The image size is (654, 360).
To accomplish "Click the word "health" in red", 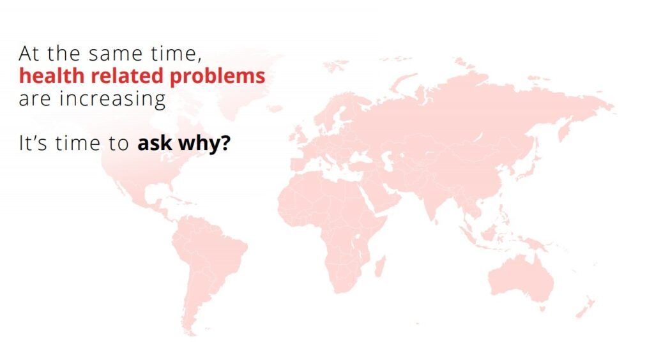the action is click(x=52, y=76).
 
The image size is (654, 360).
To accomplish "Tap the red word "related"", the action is click(x=127, y=76).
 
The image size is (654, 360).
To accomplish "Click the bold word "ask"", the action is click(x=155, y=143).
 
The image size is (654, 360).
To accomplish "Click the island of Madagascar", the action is click(x=380, y=266).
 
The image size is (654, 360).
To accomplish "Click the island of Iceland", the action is click(x=274, y=109).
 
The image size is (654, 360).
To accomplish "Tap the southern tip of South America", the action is click(x=190, y=334).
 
